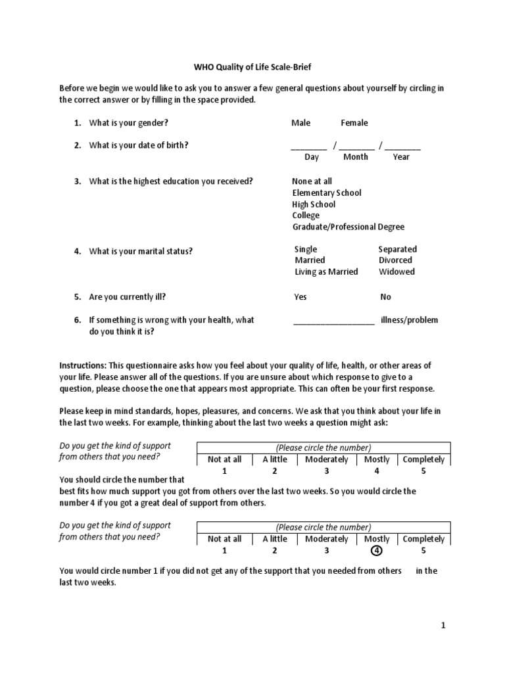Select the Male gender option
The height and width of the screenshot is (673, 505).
pos(301,123)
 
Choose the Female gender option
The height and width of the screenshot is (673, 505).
pos(354,123)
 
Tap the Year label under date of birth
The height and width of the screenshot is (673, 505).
pos(401,157)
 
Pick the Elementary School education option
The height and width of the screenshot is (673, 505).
pos(327,193)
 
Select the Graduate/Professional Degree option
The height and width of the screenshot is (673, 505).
pos(349,227)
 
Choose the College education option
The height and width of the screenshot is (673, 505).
pos(306,216)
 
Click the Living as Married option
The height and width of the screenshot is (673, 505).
pos(327,271)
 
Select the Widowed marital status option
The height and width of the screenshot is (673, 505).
pos(397,271)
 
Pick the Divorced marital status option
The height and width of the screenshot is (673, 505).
pos(396,260)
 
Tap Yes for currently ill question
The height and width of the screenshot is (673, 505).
pos(301,297)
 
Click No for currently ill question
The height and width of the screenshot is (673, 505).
pos(385,297)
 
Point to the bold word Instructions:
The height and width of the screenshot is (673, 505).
pos(83,365)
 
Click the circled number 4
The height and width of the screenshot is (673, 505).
pos(377,551)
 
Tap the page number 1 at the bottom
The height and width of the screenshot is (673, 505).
pos(443,626)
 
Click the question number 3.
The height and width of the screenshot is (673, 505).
pos(77,181)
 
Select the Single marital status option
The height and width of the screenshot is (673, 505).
pos(306,249)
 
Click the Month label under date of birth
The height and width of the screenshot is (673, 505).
pos(356,157)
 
